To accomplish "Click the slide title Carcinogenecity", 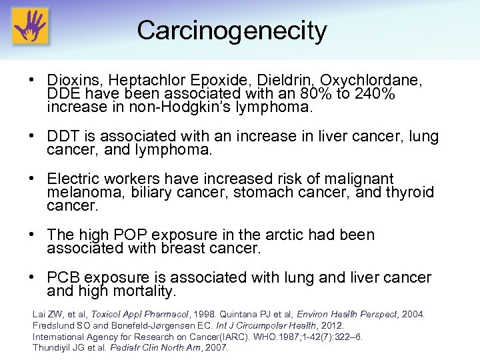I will pos(231,31).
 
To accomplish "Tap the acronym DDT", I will pos(64,137).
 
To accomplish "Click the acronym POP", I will pos(131,235).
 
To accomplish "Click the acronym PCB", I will pos(64,277).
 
